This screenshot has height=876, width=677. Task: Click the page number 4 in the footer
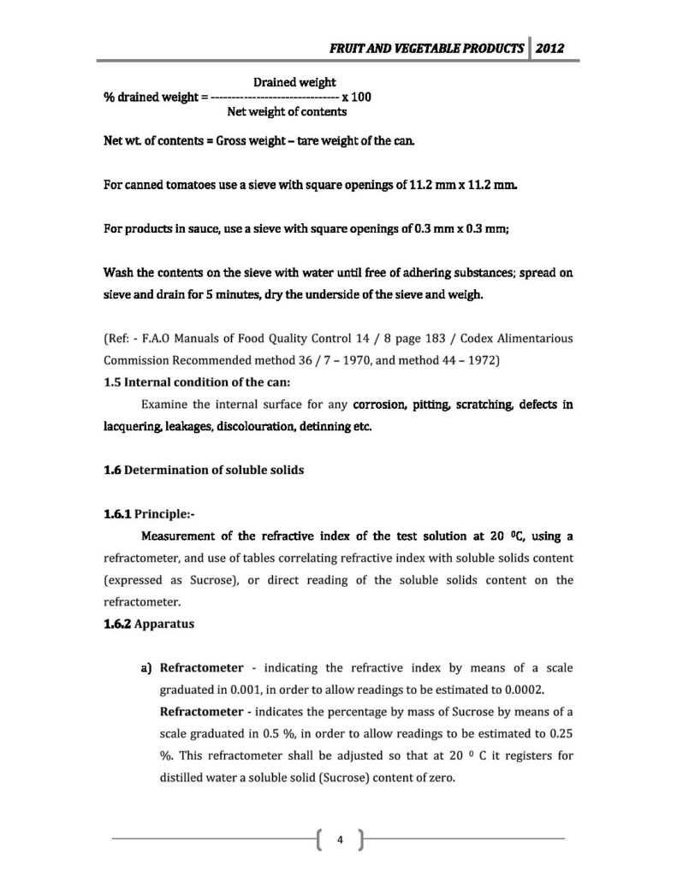(x=340, y=838)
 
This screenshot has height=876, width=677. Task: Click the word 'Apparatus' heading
(x=165, y=624)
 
